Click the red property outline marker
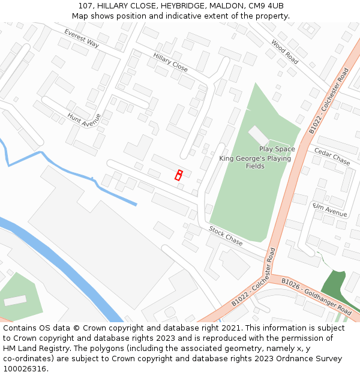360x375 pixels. tap(178, 175)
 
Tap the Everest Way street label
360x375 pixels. tap(82, 38)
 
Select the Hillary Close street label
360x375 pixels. tap(170, 62)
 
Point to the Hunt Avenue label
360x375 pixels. tap(84, 120)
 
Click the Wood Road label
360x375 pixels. tap(284, 52)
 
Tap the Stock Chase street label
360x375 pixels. tap(226, 236)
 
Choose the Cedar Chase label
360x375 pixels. tap(332, 158)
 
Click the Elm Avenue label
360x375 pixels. tap(330, 209)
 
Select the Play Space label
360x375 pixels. tap(277, 149)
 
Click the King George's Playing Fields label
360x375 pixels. tap(255, 162)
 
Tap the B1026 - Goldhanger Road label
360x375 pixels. tap(316, 296)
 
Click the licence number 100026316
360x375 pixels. tap(25, 369)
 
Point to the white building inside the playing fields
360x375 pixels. tap(259, 135)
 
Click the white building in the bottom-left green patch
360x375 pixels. tap(15, 300)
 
